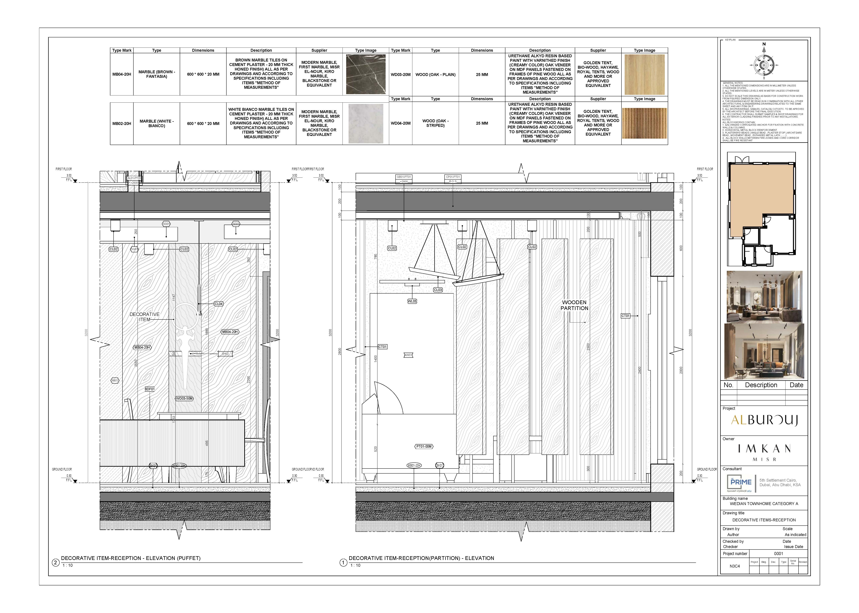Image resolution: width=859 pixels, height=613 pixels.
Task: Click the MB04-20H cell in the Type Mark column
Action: pyautogui.click(x=122, y=74)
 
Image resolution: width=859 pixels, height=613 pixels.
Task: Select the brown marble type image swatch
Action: pyautogui.click(x=366, y=74)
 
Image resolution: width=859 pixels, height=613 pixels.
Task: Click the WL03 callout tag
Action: pyautogui.click(x=412, y=301)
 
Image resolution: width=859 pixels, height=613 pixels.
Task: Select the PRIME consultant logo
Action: pyautogui.click(x=741, y=483)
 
